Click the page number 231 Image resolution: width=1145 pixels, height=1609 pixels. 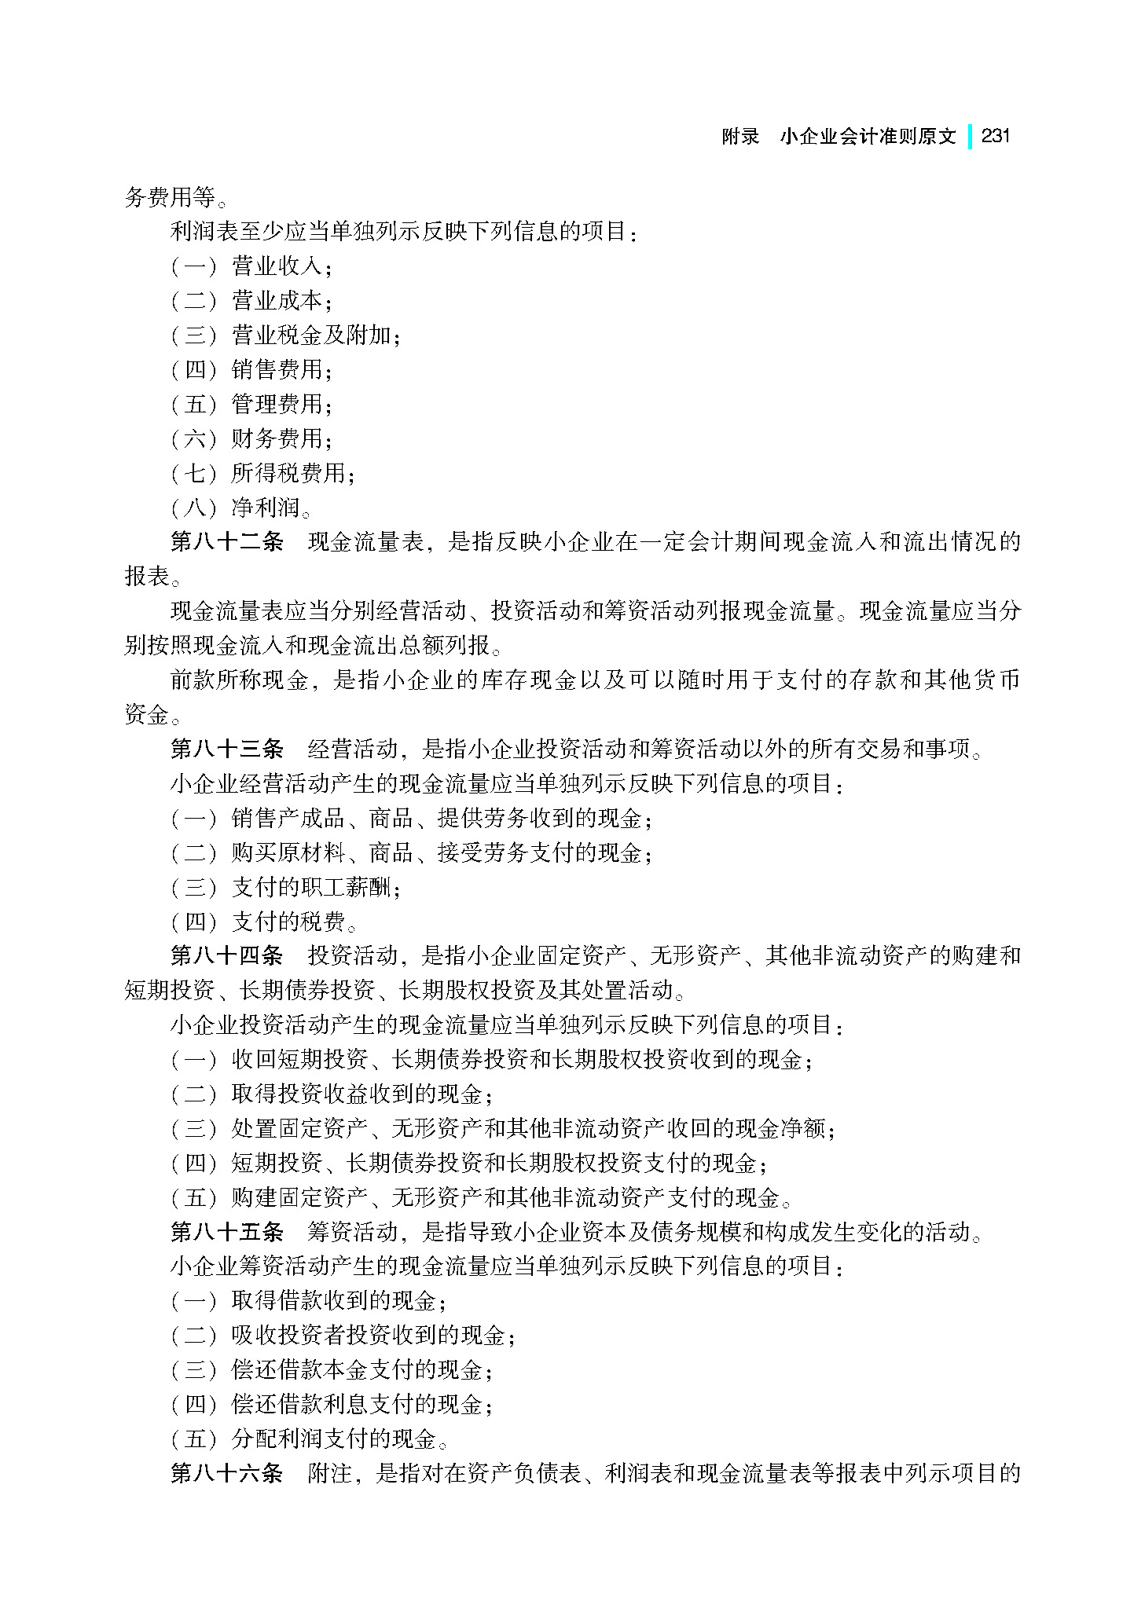(x=996, y=136)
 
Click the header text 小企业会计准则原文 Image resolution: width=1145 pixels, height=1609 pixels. (x=868, y=137)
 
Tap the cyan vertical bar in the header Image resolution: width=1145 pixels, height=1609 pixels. (x=970, y=136)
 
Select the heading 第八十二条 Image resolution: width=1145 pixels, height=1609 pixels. (x=227, y=542)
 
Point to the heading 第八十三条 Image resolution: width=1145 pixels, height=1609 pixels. (x=227, y=749)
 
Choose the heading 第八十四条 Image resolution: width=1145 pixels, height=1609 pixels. (x=227, y=955)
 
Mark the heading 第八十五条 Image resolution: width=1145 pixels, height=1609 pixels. (x=227, y=1231)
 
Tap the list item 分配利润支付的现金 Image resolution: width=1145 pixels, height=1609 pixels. (x=334, y=1439)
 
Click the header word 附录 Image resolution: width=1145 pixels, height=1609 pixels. (x=740, y=137)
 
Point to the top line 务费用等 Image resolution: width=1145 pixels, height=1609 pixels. (x=165, y=196)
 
